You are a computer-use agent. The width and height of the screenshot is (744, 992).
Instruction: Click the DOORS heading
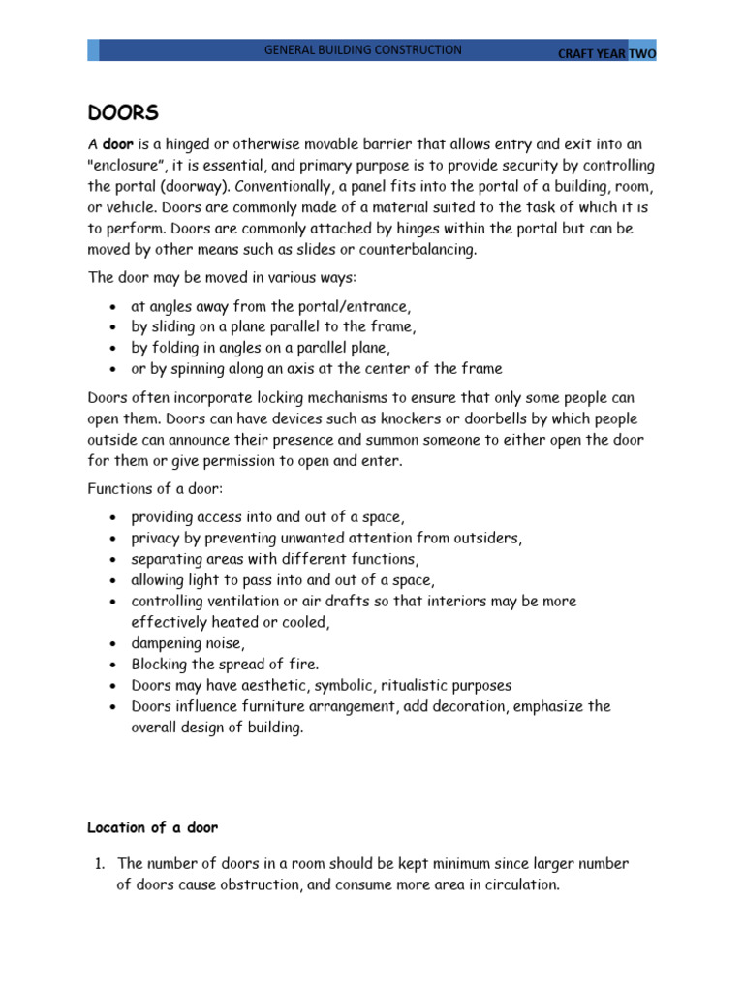point(123,113)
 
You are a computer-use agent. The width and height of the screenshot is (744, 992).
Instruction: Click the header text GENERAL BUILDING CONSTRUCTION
point(363,50)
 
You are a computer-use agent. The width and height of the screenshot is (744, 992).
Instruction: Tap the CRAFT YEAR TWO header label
point(606,54)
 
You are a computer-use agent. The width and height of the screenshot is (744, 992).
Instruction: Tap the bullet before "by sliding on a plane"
point(114,327)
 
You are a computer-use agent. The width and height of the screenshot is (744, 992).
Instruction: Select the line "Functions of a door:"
point(155,489)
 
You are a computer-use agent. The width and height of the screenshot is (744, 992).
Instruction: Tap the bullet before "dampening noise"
point(114,643)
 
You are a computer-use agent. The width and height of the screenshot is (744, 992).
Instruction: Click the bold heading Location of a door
point(153,827)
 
